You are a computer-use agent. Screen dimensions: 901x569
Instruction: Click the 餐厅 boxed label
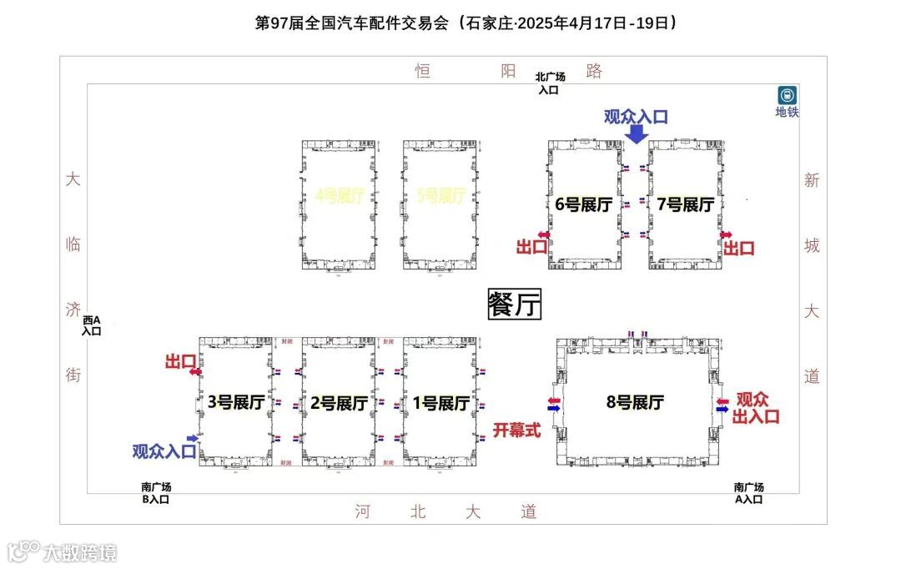click(x=515, y=305)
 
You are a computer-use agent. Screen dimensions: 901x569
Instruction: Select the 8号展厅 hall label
click(x=635, y=402)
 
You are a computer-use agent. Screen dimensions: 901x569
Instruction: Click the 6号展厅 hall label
click(x=584, y=204)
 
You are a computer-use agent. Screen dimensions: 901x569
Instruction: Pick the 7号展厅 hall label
click(x=685, y=204)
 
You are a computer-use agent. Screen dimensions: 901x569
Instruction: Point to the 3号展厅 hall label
click(x=236, y=403)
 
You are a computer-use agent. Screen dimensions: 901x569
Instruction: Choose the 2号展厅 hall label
click(x=339, y=403)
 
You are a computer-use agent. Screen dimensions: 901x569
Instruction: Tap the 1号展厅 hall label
click(x=440, y=403)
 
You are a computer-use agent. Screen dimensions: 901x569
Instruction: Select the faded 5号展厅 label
click(x=440, y=197)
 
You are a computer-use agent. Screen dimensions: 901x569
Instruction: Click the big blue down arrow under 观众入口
click(x=636, y=133)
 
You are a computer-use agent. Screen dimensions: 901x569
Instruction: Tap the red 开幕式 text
click(x=516, y=431)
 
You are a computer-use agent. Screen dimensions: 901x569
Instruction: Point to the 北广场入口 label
click(x=550, y=83)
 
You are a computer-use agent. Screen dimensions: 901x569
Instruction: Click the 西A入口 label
click(x=91, y=325)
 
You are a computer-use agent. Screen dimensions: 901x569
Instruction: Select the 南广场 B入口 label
click(x=155, y=493)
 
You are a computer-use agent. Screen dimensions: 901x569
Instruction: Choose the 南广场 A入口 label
click(x=748, y=493)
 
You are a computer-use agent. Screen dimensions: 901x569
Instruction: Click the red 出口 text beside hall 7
click(x=738, y=248)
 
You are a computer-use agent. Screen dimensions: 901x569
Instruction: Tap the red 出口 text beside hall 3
click(x=179, y=360)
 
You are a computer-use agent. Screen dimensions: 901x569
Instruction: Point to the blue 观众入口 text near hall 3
click(x=164, y=451)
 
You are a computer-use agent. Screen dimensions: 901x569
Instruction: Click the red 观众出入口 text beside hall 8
click(x=756, y=408)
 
